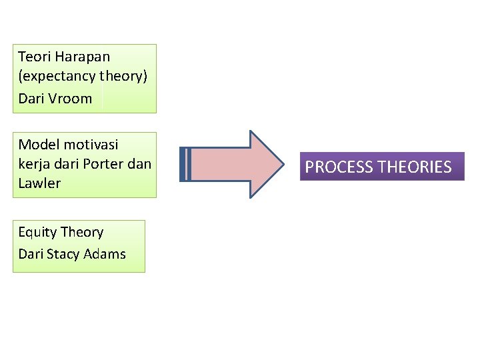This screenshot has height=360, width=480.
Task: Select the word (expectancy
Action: tap(57, 76)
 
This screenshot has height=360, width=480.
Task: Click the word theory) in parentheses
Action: tap(123, 76)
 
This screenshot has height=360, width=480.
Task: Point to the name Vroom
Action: tap(71, 99)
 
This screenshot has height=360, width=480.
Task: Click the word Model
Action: tap(39, 145)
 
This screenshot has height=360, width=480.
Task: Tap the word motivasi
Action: tap(91, 145)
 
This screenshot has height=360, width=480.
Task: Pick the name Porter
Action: tap(105, 164)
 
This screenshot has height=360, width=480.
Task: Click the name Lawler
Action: tap(39, 183)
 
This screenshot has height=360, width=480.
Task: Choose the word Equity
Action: tap(37, 233)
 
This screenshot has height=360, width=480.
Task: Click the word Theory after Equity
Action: tap(82, 233)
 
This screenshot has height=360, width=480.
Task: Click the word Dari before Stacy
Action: tap(31, 254)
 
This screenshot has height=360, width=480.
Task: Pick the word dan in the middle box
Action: tap(141, 164)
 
